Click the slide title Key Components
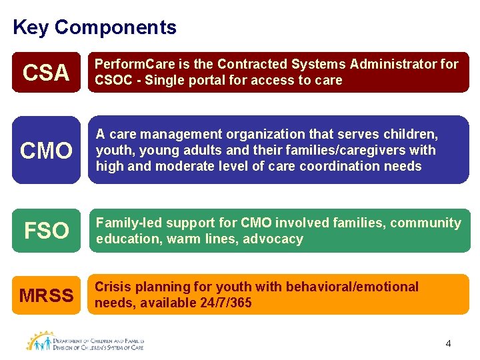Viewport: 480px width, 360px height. tap(94, 27)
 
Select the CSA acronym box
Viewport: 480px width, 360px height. tap(46, 72)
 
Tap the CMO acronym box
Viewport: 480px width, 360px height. tap(46, 151)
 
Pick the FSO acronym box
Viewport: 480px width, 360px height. tap(46, 231)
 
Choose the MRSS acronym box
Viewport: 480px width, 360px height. tap(46, 295)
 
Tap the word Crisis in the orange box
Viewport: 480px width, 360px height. tap(114, 287)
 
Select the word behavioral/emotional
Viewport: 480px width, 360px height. tap(352, 287)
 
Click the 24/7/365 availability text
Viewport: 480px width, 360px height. tap(229, 303)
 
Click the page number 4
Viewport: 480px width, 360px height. tap(448, 343)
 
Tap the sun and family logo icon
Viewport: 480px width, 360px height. tap(41, 341)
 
